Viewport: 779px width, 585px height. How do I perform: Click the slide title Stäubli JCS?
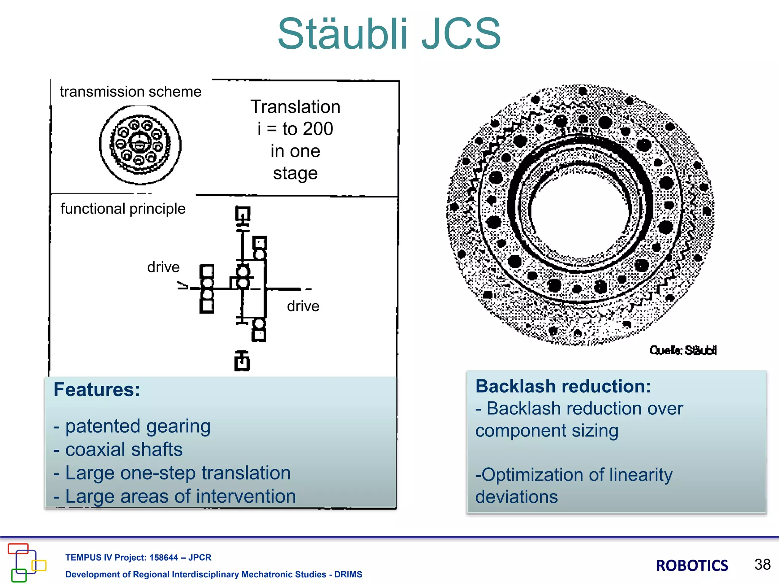tap(389, 34)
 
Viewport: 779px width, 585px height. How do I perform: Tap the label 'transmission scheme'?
tap(130, 92)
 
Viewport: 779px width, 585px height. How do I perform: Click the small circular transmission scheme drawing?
tap(140, 145)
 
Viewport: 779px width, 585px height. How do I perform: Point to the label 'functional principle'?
tap(123, 209)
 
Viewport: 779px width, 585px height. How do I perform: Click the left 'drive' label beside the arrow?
tap(163, 267)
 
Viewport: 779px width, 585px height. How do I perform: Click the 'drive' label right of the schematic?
tap(303, 306)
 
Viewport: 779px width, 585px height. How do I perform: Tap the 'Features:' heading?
tap(97, 390)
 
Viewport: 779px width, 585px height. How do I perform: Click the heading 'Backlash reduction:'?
tap(563, 386)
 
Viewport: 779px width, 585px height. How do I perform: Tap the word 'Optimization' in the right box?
tap(533, 475)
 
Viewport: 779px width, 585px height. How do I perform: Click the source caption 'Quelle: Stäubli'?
tap(682, 350)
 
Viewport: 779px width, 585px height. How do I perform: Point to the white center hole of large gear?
tap(578, 213)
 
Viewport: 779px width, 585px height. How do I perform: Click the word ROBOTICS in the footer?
tap(692, 566)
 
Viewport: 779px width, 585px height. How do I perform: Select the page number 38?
tap(762, 564)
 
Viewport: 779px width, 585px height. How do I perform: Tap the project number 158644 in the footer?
tap(164, 558)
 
